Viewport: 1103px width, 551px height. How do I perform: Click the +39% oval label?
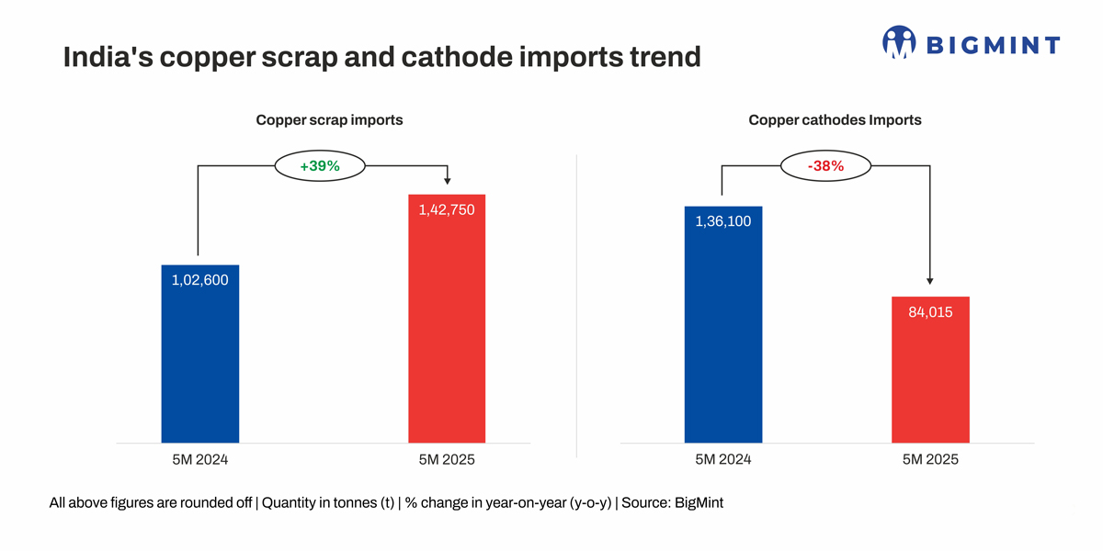tap(320, 166)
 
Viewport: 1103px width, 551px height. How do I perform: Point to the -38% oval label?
tap(825, 166)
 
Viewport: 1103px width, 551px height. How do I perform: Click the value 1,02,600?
tap(199, 280)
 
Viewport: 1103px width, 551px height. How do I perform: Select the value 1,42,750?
tap(447, 209)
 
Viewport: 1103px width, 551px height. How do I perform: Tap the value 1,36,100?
tap(723, 221)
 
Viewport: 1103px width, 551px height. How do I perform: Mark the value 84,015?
tap(930, 312)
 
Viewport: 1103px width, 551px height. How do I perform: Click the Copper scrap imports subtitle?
tap(329, 119)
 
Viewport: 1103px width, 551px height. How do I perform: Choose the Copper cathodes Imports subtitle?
tap(835, 119)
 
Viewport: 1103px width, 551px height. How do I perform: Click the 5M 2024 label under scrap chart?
tap(199, 459)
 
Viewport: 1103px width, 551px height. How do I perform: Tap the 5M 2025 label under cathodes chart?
tap(930, 459)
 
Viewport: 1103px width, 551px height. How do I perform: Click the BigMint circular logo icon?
tap(899, 42)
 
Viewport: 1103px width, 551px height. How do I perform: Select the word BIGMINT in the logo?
tap(993, 45)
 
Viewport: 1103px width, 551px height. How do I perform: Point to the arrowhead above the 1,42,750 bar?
tap(447, 181)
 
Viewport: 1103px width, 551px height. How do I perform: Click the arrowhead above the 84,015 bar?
tap(930, 281)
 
